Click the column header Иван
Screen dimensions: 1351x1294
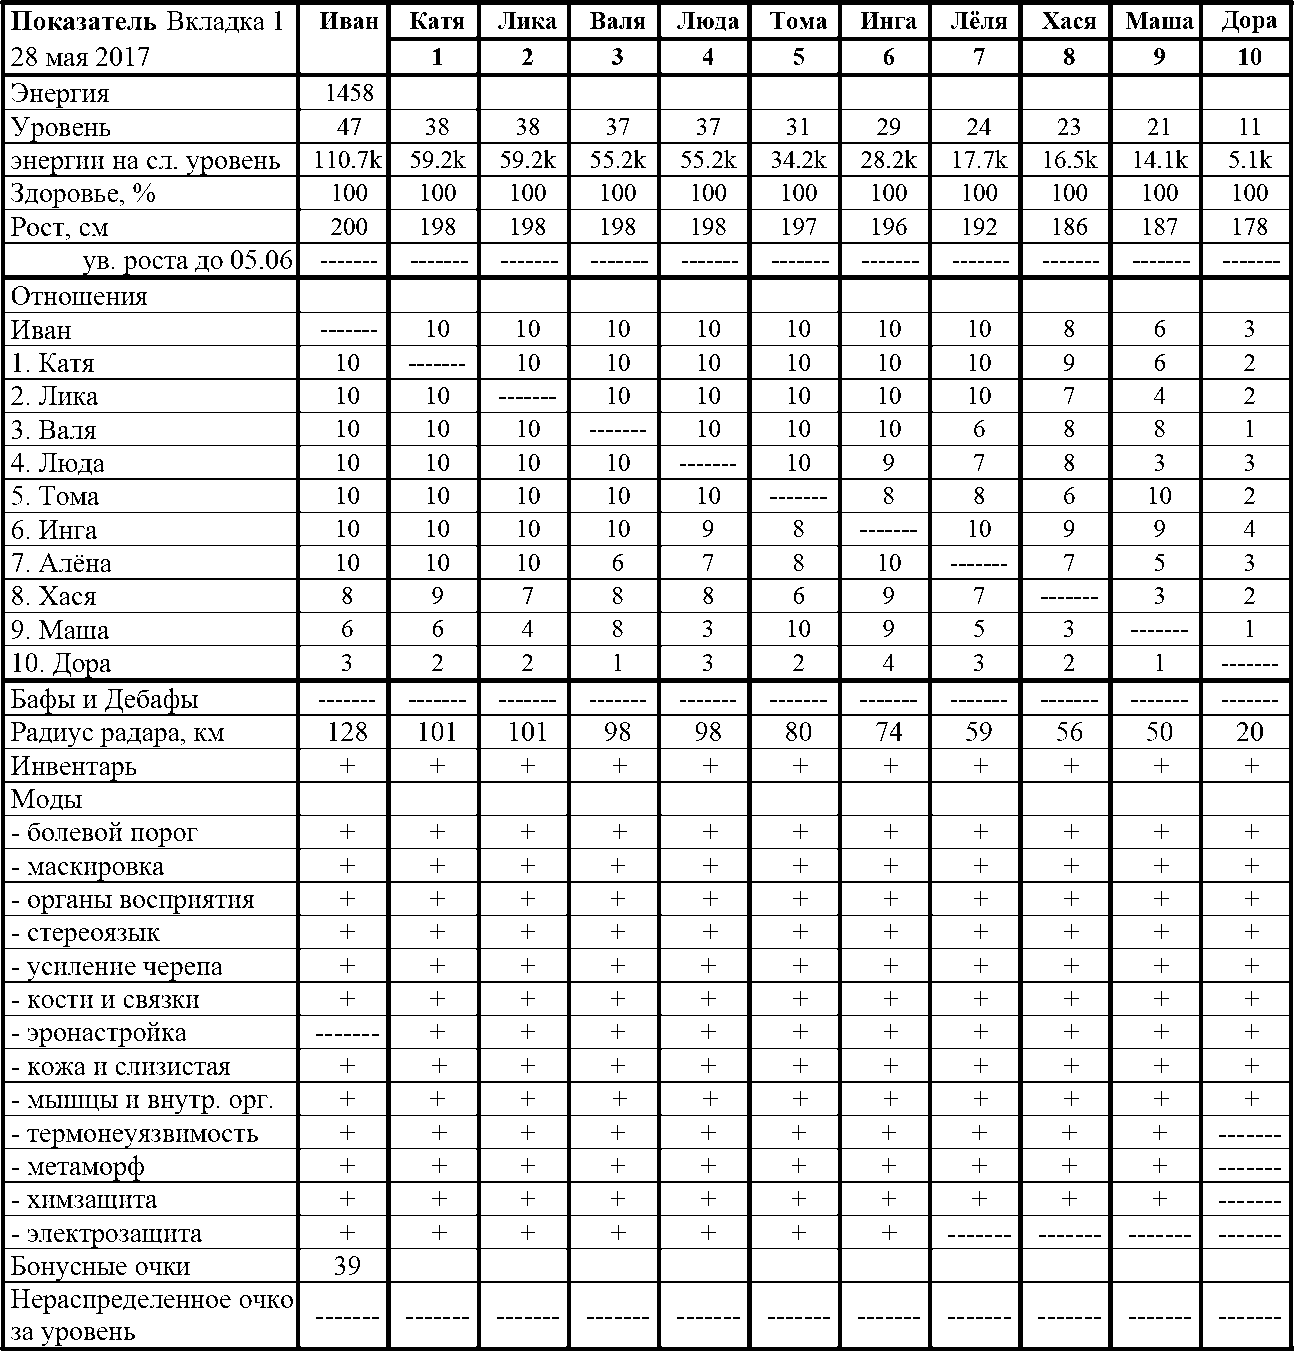point(348,21)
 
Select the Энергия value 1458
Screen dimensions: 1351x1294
point(348,94)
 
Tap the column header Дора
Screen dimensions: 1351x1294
point(1249,21)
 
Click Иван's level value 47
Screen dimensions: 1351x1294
point(348,127)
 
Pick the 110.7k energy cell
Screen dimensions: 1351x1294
point(348,160)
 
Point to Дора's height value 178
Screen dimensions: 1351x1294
point(1249,226)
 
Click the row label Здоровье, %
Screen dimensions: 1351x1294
point(83,193)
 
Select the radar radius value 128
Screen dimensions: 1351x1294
point(348,732)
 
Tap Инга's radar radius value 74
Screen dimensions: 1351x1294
point(888,732)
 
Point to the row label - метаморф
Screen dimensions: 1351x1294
point(78,1166)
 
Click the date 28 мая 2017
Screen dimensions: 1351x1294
point(80,56)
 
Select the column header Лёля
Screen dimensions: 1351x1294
point(978,21)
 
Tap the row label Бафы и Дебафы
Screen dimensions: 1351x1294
point(104,699)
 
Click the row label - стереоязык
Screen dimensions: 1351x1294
point(85,933)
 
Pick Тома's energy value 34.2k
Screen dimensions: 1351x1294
point(798,160)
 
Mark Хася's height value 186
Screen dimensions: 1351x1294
point(1069,226)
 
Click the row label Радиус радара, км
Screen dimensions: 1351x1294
point(117,732)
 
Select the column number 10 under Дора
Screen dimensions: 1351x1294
point(1249,57)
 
